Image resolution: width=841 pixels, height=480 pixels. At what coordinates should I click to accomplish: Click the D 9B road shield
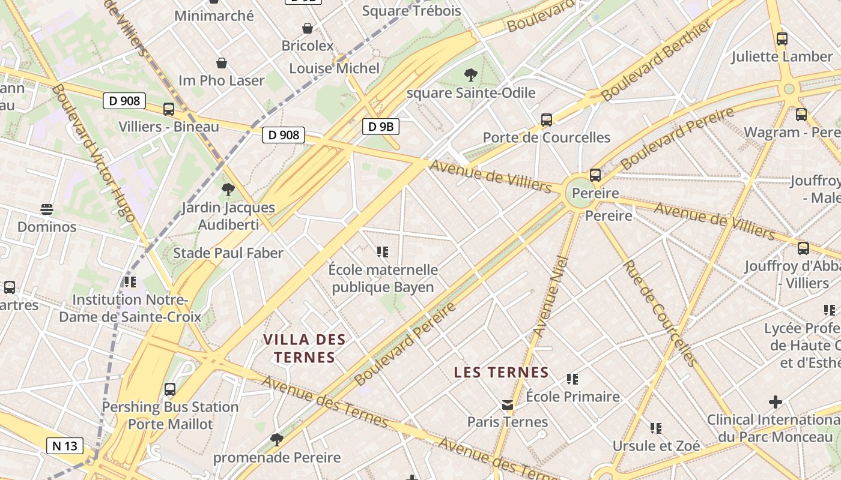pyautogui.click(x=381, y=127)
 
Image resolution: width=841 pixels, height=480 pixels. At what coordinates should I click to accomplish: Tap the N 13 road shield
pyautogui.click(x=65, y=446)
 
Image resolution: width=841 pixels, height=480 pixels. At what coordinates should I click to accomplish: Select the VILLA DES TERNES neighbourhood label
pyautogui.click(x=304, y=349)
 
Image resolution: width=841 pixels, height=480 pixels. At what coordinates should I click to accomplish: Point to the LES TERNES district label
pyautogui.click(x=501, y=372)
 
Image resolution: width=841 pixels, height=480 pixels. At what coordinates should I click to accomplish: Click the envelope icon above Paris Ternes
pyautogui.click(x=508, y=405)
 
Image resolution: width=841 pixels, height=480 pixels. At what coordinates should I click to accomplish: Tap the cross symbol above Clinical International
pyautogui.click(x=776, y=401)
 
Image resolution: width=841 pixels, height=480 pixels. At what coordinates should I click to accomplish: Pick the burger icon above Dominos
pyautogui.click(x=47, y=209)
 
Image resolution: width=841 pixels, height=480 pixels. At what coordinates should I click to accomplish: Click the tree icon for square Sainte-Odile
pyautogui.click(x=471, y=75)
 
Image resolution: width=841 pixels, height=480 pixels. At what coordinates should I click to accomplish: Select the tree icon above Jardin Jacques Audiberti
pyautogui.click(x=228, y=190)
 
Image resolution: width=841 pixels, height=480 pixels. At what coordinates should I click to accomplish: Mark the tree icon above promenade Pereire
pyautogui.click(x=276, y=440)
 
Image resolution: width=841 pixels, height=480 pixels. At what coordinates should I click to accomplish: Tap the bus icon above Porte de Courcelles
pyautogui.click(x=546, y=119)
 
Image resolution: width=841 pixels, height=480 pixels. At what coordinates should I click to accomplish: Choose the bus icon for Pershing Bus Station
pyautogui.click(x=170, y=389)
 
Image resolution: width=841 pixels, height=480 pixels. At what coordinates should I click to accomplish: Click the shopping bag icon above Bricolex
pyautogui.click(x=307, y=28)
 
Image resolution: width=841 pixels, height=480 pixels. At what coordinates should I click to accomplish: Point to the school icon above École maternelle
pyautogui.click(x=383, y=252)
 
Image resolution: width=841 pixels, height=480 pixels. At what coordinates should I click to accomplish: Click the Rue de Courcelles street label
pyautogui.click(x=660, y=313)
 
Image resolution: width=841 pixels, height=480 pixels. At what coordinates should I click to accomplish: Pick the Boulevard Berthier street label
pyautogui.click(x=657, y=60)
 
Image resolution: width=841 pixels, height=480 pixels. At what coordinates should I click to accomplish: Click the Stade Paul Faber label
pyautogui.click(x=228, y=253)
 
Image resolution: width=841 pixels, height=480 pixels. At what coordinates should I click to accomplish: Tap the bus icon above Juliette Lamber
pyautogui.click(x=782, y=39)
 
